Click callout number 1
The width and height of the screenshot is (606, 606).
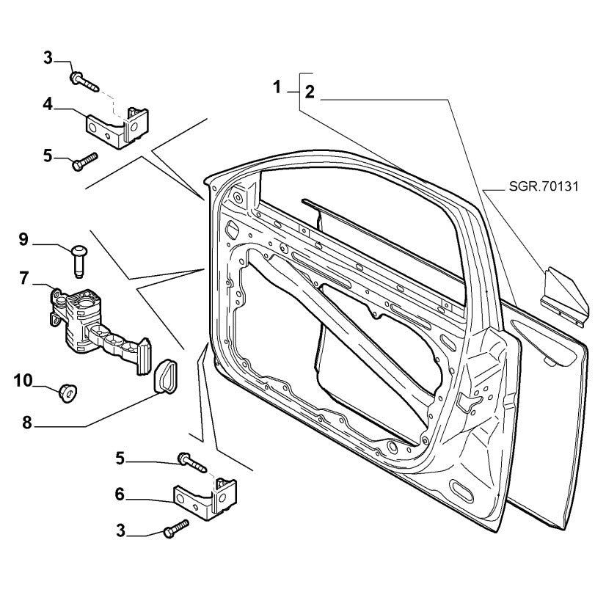pos(277,87)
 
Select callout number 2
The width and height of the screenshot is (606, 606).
pos(310,92)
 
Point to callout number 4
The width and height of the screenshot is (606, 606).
pos(47,104)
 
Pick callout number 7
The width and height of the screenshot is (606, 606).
pos(24,278)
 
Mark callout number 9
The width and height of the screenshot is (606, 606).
pos(23,238)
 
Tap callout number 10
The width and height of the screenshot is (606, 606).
pos(23,379)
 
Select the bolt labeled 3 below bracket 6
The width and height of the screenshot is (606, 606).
pos(176,530)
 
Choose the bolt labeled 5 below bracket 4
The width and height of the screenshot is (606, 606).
pos(84,161)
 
